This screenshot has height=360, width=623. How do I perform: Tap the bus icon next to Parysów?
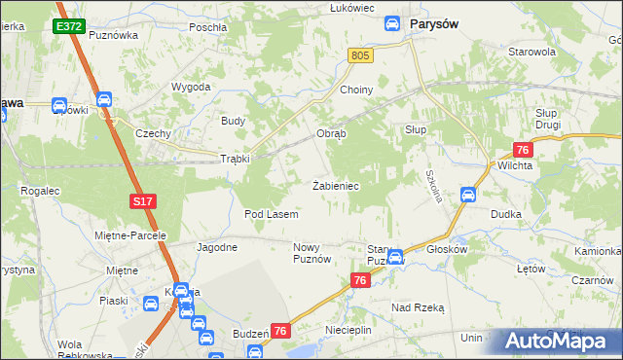click(392, 23)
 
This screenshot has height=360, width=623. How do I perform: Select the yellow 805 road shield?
click(360, 56)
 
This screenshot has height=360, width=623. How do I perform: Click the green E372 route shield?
click(68, 27)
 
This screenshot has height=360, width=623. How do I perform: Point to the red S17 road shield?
click(141, 200)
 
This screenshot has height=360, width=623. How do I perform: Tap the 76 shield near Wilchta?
click(523, 149)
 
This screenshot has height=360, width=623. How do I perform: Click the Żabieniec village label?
click(337, 185)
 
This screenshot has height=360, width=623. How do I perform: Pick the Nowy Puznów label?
click(313, 254)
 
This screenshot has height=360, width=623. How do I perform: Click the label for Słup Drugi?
click(553, 120)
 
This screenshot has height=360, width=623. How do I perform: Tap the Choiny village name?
click(356, 90)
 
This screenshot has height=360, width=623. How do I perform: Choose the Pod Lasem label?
click(271, 213)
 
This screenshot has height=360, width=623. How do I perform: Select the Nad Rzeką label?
click(418, 306)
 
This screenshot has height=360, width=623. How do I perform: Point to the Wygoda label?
click(192, 87)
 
